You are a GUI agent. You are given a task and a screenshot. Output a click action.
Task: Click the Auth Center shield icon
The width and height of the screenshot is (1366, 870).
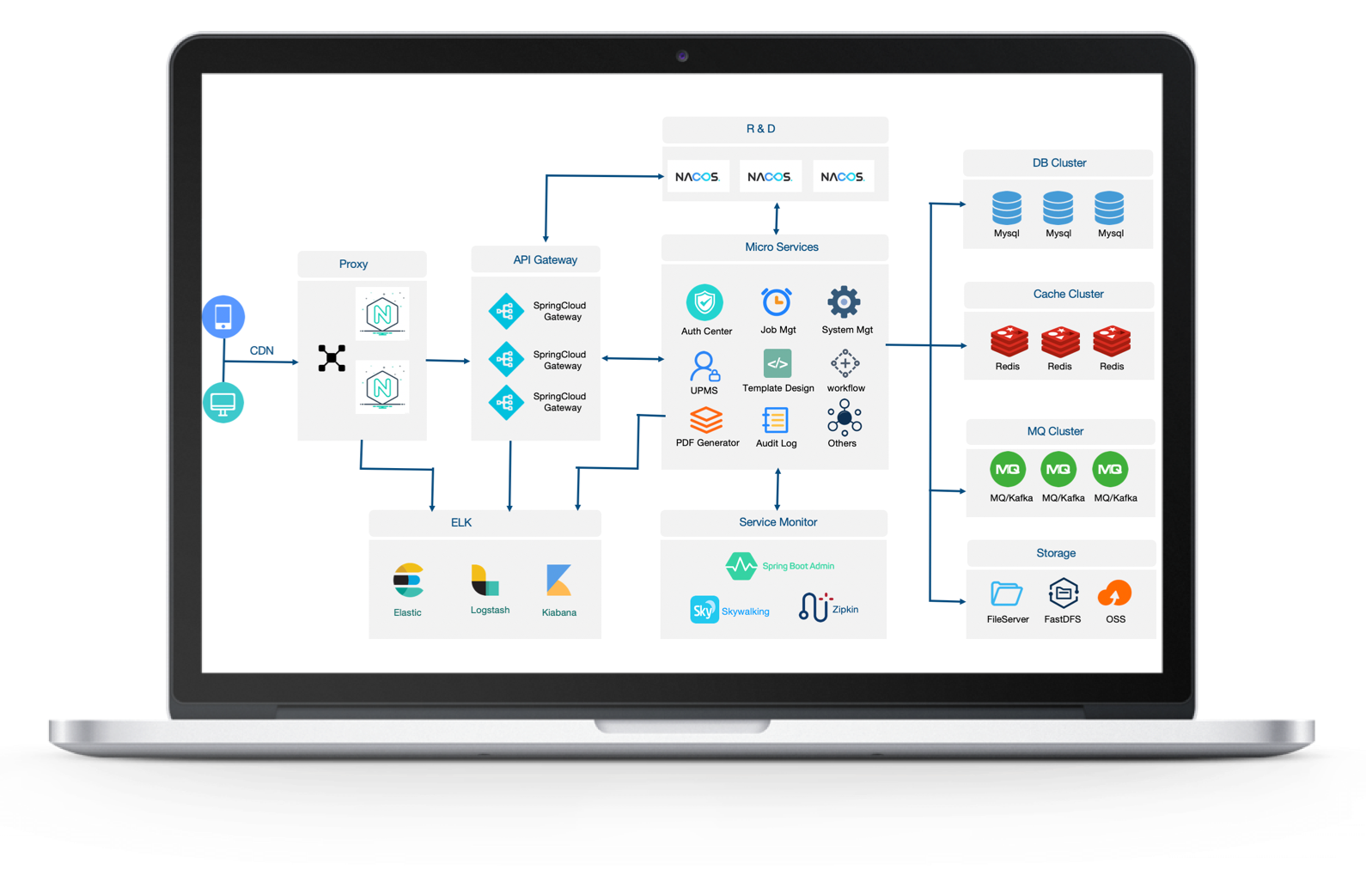point(704,302)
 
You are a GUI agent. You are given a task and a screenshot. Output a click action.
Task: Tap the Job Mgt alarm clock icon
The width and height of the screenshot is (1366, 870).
point(777,302)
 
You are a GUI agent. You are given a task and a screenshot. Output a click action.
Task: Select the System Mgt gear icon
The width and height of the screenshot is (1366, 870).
point(844,301)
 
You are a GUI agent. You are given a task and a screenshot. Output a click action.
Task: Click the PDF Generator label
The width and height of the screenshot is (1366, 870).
point(707,443)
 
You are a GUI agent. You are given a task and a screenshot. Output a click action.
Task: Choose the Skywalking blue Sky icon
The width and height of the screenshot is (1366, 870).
point(704,610)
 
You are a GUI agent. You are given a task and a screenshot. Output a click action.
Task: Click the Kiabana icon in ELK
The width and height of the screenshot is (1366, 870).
point(558,581)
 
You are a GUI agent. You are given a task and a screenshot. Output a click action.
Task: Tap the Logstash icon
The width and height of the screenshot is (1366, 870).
point(485,581)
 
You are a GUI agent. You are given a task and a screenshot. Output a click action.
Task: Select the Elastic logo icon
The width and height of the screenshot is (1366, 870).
point(408,581)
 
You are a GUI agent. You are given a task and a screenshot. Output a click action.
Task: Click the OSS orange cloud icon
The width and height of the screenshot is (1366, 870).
point(1114,593)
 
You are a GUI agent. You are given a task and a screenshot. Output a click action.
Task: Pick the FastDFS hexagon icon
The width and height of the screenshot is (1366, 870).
point(1063,593)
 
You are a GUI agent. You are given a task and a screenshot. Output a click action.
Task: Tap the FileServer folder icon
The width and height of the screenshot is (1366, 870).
point(1006,593)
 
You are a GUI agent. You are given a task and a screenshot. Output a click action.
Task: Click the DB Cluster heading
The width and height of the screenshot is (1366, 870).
point(1058,163)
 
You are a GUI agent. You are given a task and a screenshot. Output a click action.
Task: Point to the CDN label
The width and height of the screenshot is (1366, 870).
point(261,350)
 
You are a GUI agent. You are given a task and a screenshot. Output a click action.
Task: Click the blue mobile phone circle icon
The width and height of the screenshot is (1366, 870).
point(223,317)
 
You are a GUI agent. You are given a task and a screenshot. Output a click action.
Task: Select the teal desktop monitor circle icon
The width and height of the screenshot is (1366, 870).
point(223,402)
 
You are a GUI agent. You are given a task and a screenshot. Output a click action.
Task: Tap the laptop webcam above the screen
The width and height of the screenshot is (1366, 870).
point(682,56)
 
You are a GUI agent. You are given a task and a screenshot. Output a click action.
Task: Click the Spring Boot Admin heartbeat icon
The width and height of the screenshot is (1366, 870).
point(741,566)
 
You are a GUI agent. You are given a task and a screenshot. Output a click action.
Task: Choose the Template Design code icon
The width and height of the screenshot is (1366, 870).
point(778,363)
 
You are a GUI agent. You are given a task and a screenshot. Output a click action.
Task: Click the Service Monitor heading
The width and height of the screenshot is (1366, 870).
point(778,522)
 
